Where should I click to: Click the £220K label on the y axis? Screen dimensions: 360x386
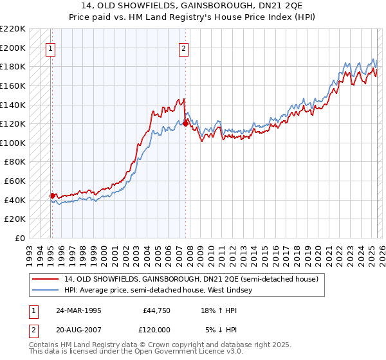click(13, 29)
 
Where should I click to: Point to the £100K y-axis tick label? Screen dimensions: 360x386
click(13, 143)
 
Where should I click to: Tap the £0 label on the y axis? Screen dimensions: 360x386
click(21, 238)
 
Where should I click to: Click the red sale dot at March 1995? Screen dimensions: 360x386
click(52, 195)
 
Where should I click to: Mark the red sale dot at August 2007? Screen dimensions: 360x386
click(185, 123)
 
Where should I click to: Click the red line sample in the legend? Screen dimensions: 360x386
click(46, 279)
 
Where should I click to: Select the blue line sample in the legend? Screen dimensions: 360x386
click(46, 290)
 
